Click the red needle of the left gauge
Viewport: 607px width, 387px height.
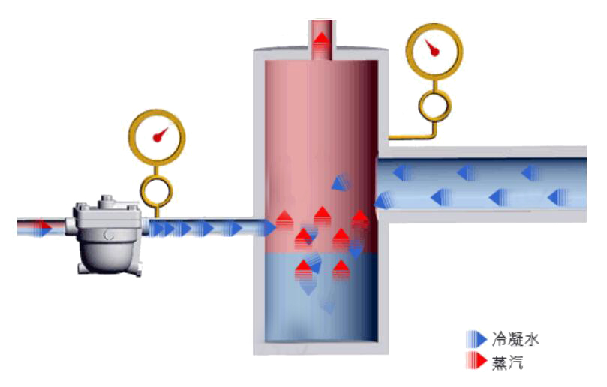coord(158,136)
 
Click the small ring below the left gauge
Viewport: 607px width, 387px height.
coord(158,190)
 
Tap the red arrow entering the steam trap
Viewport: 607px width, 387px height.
coord(41,226)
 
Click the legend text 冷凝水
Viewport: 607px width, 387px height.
coord(515,339)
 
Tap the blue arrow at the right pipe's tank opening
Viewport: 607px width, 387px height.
coord(383,199)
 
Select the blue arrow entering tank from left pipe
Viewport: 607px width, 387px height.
coord(267,227)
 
